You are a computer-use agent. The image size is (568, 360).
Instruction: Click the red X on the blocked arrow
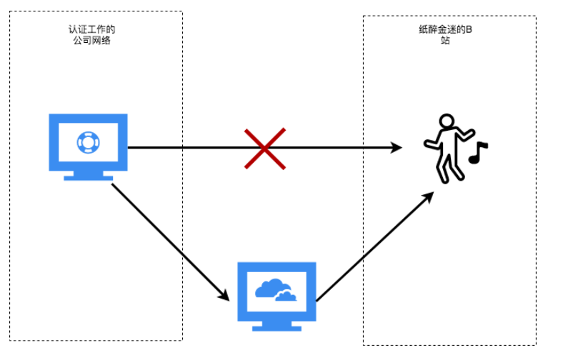coord(264,148)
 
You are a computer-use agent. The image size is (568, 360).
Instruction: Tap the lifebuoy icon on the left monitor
coord(88,142)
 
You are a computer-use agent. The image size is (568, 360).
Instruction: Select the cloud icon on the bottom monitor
coord(275,290)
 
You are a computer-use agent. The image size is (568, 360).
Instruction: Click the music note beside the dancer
coord(477,151)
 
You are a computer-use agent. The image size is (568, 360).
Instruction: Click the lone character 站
coord(445,41)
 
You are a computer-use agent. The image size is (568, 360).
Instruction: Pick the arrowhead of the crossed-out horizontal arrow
coord(397,148)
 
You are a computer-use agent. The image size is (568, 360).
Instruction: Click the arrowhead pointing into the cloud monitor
coord(223,294)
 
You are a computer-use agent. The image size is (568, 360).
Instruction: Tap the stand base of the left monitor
coord(88,176)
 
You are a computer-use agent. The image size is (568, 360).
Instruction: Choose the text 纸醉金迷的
coord(441,30)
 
